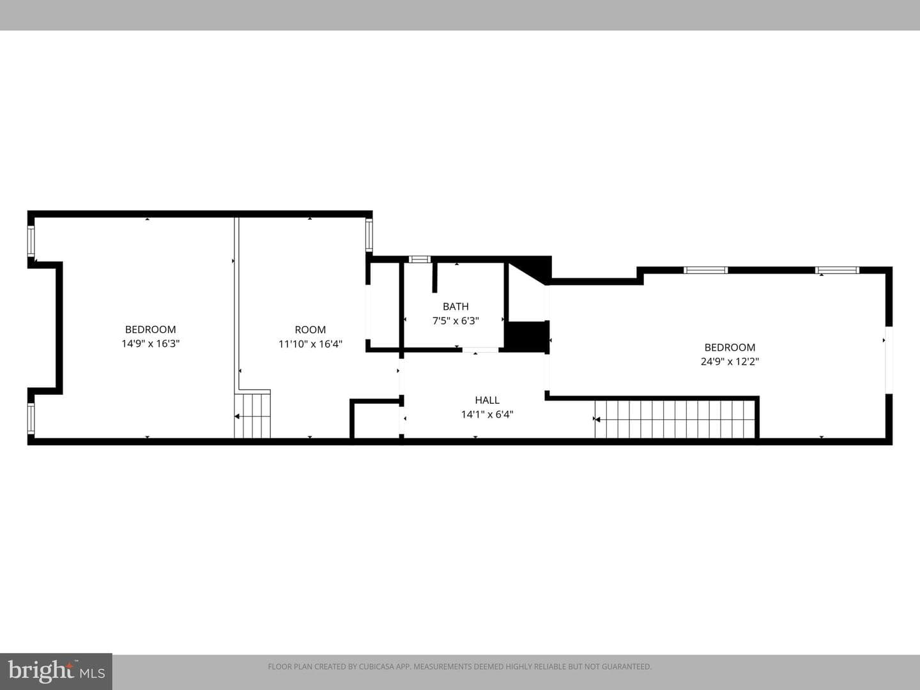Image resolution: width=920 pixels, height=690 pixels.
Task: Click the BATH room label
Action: (x=456, y=307)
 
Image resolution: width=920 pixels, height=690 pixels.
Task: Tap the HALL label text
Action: (x=487, y=400)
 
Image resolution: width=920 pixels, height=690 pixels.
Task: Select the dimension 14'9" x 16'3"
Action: (x=151, y=344)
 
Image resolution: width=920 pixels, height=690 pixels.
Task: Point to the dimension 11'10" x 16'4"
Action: (x=310, y=344)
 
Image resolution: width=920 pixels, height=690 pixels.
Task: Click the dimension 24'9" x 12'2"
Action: (x=730, y=361)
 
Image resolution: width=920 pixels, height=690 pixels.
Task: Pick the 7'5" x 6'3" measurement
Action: (x=456, y=321)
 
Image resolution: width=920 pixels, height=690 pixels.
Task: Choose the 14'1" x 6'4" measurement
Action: (x=487, y=415)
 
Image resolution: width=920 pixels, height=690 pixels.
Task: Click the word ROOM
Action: (x=310, y=330)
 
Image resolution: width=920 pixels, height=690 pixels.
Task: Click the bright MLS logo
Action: (x=56, y=671)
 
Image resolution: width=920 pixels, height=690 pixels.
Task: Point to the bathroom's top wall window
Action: (x=420, y=259)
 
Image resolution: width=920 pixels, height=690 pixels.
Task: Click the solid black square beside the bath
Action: (x=527, y=335)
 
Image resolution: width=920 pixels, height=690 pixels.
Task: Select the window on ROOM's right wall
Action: (x=369, y=236)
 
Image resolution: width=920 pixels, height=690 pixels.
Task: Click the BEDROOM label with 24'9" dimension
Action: (x=730, y=348)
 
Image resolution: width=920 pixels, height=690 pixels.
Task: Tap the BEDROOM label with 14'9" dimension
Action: (x=151, y=329)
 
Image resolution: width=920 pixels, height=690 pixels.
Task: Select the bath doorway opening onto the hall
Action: (x=480, y=350)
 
